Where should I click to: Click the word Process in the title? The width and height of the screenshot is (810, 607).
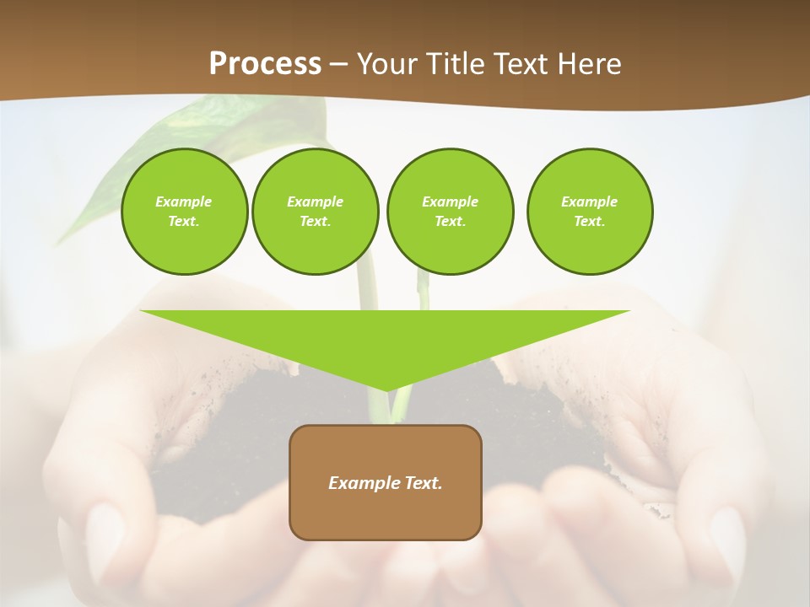pyautogui.click(x=265, y=64)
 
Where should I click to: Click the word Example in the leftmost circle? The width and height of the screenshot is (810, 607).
pyautogui.click(x=183, y=201)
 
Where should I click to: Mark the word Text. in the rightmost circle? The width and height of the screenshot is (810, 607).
pyautogui.click(x=589, y=221)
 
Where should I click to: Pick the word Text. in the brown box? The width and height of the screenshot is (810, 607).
pyautogui.click(x=424, y=483)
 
